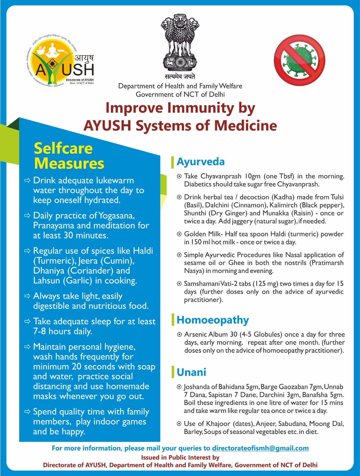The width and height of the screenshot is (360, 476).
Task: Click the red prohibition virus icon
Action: click(299, 60)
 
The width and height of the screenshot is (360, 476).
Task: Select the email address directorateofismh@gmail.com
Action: click(260, 448)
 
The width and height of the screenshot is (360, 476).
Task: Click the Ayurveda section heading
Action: click(201, 162)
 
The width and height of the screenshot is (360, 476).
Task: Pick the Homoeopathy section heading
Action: click(213, 320)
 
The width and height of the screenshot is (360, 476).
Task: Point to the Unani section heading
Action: click(191, 372)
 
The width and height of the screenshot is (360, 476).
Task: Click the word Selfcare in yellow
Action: click(63, 148)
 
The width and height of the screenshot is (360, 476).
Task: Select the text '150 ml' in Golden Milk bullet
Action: click(201, 242)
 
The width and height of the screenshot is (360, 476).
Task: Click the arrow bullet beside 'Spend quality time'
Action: click(27, 412)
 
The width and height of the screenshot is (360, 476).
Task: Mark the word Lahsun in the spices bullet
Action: click(46, 281)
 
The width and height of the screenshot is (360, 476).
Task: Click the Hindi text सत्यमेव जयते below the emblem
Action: click(180, 76)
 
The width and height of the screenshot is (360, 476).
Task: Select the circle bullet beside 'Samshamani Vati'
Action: click(179, 284)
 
